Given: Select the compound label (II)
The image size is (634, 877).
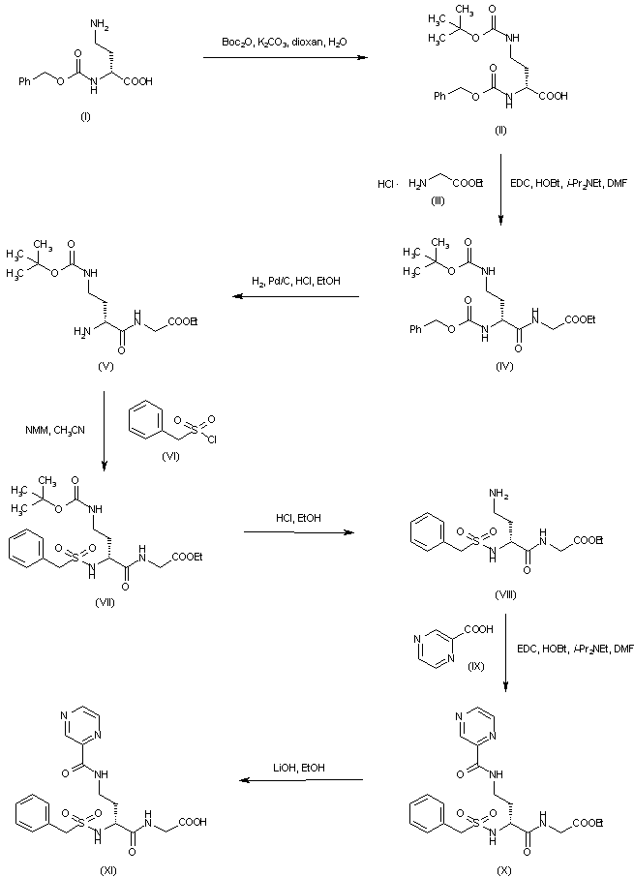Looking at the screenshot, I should tap(499, 129).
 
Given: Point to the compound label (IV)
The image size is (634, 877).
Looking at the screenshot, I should tap(500, 365).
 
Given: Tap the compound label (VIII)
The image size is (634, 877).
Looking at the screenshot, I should tap(501, 593).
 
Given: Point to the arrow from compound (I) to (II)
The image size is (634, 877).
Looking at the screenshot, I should tap(286, 58).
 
